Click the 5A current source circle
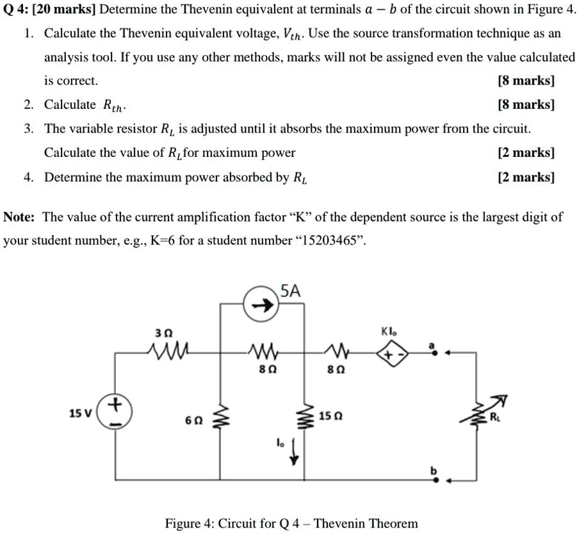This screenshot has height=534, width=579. point(261,306)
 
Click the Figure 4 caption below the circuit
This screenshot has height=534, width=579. point(291,523)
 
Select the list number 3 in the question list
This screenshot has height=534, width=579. point(29,129)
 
